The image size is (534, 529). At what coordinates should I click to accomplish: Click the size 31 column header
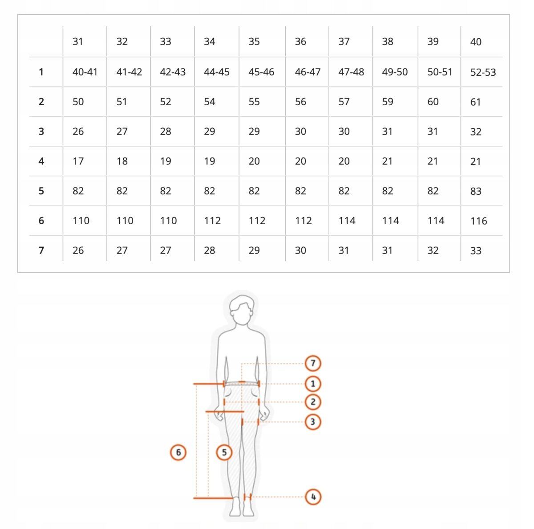click(x=77, y=41)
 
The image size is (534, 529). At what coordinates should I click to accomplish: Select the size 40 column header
click(x=476, y=42)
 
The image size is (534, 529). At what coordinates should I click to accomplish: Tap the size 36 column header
click(x=300, y=41)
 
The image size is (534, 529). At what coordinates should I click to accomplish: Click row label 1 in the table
click(x=41, y=72)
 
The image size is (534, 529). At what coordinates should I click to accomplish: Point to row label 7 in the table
click(x=41, y=250)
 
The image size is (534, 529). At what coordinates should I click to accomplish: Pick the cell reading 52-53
click(x=483, y=73)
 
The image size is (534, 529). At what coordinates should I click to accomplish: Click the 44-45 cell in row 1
click(x=216, y=72)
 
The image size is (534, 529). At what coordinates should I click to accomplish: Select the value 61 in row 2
click(x=475, y=102)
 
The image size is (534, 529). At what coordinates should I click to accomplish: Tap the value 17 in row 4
click(x=78, y=161)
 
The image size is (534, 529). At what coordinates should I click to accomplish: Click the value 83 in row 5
click(x=476, y=191)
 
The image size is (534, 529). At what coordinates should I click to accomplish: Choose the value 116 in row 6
click(x=478, y=221)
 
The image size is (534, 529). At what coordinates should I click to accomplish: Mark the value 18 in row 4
click(x=122, y=161)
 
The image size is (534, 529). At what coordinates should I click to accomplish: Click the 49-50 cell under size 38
click(x=395, y=72)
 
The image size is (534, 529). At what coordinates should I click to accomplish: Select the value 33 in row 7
click(x=476, y=251)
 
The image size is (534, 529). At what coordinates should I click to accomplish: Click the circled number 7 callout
click(x=313, y=363)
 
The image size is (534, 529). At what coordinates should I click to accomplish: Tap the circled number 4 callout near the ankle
click(x=313, y=497)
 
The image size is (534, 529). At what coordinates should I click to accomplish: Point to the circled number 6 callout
click(x=178, y=452)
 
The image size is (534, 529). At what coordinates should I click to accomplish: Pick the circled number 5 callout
click(x=224, y=452)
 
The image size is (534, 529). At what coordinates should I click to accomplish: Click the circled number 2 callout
click(x=313, y=402)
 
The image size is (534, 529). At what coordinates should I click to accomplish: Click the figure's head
click(x=242, y=309)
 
